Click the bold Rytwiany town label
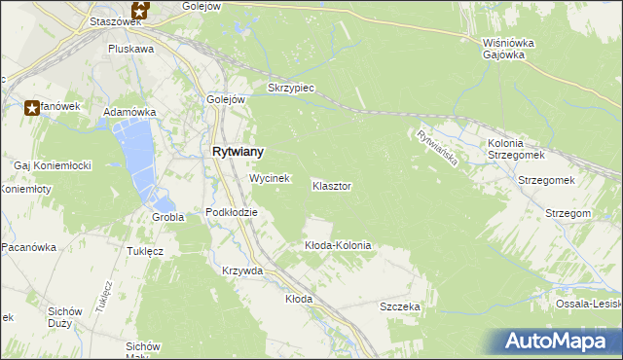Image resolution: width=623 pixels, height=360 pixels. pos(238,152)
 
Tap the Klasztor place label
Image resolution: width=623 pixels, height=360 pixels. pos(332,185)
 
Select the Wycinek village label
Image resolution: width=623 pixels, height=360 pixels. pos(270,179)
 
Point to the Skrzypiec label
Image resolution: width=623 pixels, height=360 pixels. pos(288,88)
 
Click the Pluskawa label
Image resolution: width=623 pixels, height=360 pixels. pos(131,48)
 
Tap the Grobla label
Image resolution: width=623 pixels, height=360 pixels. pos(167,217)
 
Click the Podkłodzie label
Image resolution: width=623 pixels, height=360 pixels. pos(232,212)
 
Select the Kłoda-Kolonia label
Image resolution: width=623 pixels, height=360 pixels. pos(338,245)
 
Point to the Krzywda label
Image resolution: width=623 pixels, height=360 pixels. pos(242,270)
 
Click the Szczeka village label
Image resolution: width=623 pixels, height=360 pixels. pos(399,306)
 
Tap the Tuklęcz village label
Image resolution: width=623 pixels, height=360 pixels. pos(144,250)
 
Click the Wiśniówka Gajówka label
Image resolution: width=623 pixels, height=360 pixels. pos(504,49)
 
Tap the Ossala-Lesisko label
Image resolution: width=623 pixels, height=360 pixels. pos(588,304)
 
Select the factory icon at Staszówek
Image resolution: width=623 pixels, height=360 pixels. pos(140,10)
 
